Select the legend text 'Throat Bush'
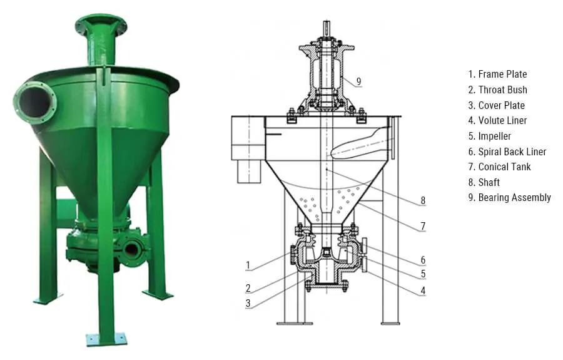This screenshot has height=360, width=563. point(502,90)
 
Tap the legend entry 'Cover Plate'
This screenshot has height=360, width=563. point(501,105)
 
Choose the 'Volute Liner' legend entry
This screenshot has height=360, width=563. point(502,120)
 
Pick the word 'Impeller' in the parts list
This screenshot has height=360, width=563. point(494,136)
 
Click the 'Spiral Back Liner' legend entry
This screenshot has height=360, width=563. point(512,152)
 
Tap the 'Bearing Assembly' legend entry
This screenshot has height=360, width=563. point(514,197)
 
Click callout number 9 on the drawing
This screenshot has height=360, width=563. point(358,81)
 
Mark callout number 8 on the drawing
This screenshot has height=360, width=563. point(423,201)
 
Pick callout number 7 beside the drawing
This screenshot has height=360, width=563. point(423,226)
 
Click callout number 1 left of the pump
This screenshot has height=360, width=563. point(248,265)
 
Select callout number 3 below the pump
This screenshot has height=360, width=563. point(248,304)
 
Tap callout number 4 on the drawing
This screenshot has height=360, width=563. point(423,291)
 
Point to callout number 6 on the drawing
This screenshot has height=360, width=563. point(423,260)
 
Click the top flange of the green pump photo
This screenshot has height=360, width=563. point(101,24)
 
